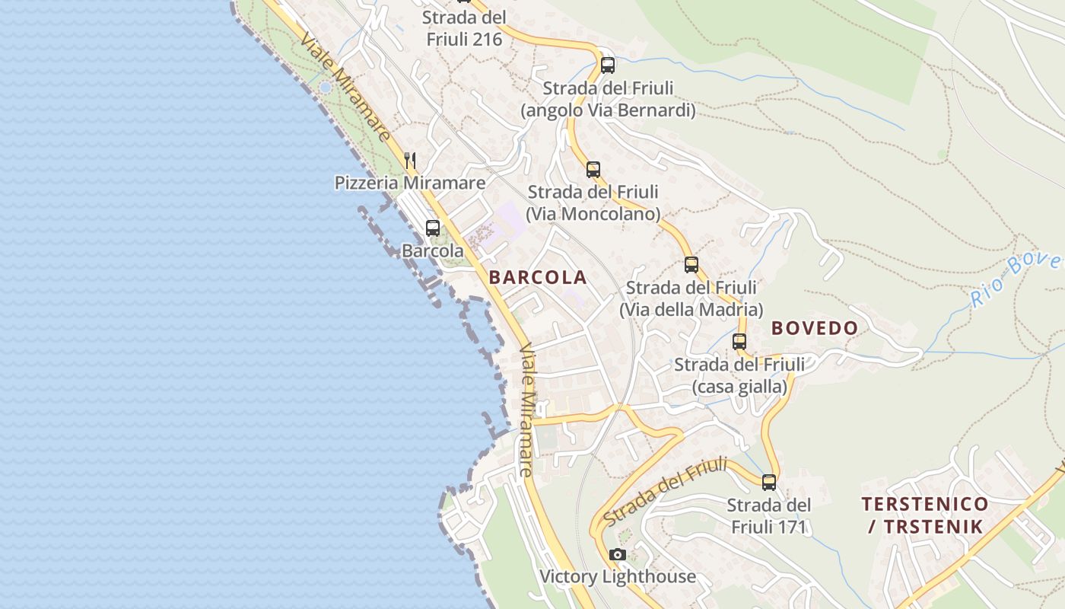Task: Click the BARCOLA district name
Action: point(538,277)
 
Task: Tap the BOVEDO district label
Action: point(815,328)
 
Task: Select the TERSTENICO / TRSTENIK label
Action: point(925,515)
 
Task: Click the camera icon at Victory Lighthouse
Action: point(618,554)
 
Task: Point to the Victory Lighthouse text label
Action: point(618,576)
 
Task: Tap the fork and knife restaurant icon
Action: point(410,160)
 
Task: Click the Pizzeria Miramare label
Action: point(410,183)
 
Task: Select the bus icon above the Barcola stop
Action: point(433,228)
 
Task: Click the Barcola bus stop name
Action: point(433,250)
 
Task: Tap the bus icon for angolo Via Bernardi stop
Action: point(607,65)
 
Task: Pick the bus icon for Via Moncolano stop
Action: point(593,169)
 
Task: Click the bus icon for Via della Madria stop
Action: point(691,265)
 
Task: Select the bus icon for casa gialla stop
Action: point(739,342)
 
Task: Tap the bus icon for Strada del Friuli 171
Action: point(769,482)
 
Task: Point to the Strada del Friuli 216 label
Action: point(464,28)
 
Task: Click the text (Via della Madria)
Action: point(691,310)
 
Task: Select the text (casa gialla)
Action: point(739,387)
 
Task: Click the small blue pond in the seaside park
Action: point(326,88)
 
